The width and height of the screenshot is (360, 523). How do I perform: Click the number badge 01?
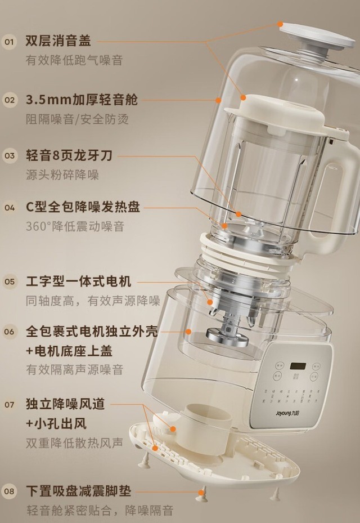(x=10, y=42)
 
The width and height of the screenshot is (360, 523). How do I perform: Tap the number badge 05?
(x=10, y=282)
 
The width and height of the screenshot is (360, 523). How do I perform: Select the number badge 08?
(x=10, y=491)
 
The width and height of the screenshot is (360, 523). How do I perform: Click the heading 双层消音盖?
(x=58, y=41)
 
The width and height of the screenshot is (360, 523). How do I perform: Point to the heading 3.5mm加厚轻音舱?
(x=82, y=100)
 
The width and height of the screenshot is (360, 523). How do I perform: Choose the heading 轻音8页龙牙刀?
(x=69, y=155)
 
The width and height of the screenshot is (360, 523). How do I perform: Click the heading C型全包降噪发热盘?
(x=83, y=207)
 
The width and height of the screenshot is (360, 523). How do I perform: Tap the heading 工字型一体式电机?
(x=79, y=281)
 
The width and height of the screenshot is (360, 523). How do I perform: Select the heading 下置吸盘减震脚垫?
(x=79, y=491)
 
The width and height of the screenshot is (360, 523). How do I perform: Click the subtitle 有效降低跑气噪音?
(x=74, y=60)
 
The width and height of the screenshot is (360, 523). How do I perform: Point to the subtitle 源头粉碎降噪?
(x=62, y=175)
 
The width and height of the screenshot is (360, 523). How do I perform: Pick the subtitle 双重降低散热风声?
(x=74, y=443)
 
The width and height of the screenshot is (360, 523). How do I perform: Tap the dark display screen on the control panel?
(x=298, y=366)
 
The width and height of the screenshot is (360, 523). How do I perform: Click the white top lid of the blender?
(x=317, y=35)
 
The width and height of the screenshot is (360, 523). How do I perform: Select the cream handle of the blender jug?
(x=337, y=197)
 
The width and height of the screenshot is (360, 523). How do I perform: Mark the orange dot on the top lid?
(x=280, y=24)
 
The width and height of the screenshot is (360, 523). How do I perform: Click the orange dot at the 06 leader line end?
(x=188, y=332)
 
